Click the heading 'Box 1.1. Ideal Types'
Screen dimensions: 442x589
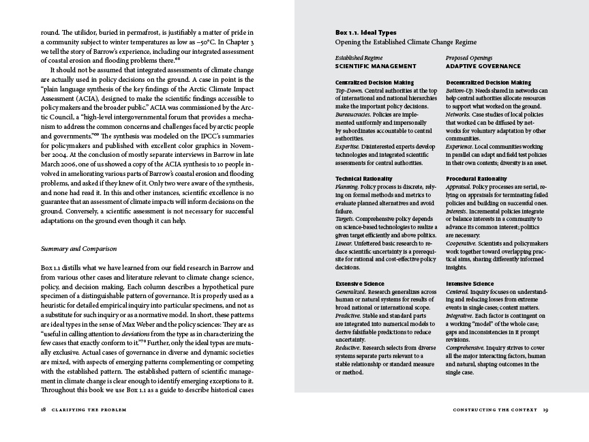[x=365, y=33]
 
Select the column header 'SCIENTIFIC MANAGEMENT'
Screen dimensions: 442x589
[x=375, y=66]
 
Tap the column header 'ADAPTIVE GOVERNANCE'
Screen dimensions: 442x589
[x=483, y=66]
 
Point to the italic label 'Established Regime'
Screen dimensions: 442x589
[x=359, y=58]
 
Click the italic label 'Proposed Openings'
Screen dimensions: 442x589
[x=469, y=58]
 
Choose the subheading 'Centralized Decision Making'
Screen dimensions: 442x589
[x=374, y=83]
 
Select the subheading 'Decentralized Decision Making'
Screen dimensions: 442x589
[x=488, y=83]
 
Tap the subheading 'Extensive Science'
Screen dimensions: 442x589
[x=360, y=283]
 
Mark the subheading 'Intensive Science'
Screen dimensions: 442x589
[x=470, y=283]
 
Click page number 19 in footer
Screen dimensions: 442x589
[x=546, y=411]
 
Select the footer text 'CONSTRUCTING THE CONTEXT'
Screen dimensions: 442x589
[x=494, y=411]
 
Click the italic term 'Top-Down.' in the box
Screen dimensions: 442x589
[x=349, y=90]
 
